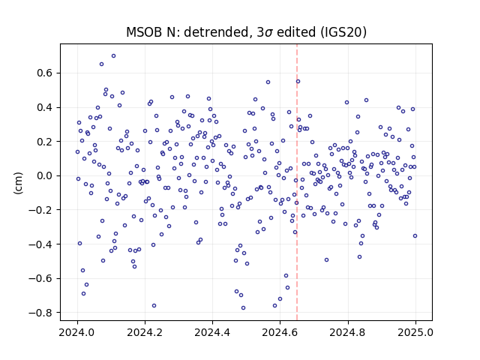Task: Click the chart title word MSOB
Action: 144,32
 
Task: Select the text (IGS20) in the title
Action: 343,32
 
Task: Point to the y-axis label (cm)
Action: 18,183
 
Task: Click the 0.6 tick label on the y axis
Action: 45,73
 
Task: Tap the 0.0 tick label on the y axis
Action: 45,175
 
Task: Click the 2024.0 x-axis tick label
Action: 77,332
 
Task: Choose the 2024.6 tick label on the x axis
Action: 280,332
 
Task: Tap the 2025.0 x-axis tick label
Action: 415,332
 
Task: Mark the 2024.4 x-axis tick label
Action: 212,332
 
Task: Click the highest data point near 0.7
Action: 113,56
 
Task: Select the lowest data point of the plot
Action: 243,308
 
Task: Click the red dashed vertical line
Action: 297,182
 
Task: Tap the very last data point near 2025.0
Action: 415,236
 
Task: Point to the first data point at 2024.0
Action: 77,151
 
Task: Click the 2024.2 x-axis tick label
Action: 145,332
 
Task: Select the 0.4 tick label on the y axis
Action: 45,107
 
